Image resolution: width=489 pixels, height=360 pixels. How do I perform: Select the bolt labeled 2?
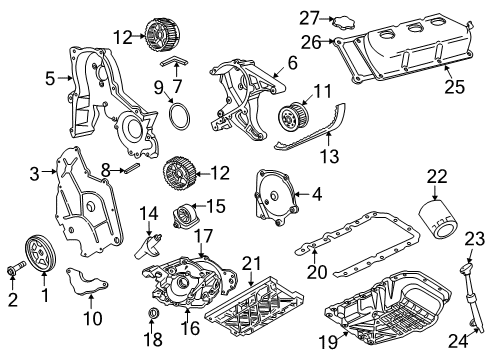point(14,270)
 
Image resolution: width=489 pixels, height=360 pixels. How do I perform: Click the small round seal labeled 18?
point(154,317)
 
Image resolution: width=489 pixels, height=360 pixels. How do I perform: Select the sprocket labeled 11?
point(293,120)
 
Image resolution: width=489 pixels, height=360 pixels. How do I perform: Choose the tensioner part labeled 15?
point(186,216)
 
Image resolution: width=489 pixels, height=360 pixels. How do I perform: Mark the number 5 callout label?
point(48,76)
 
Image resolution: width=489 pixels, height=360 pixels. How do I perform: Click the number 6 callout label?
point(291,62)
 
